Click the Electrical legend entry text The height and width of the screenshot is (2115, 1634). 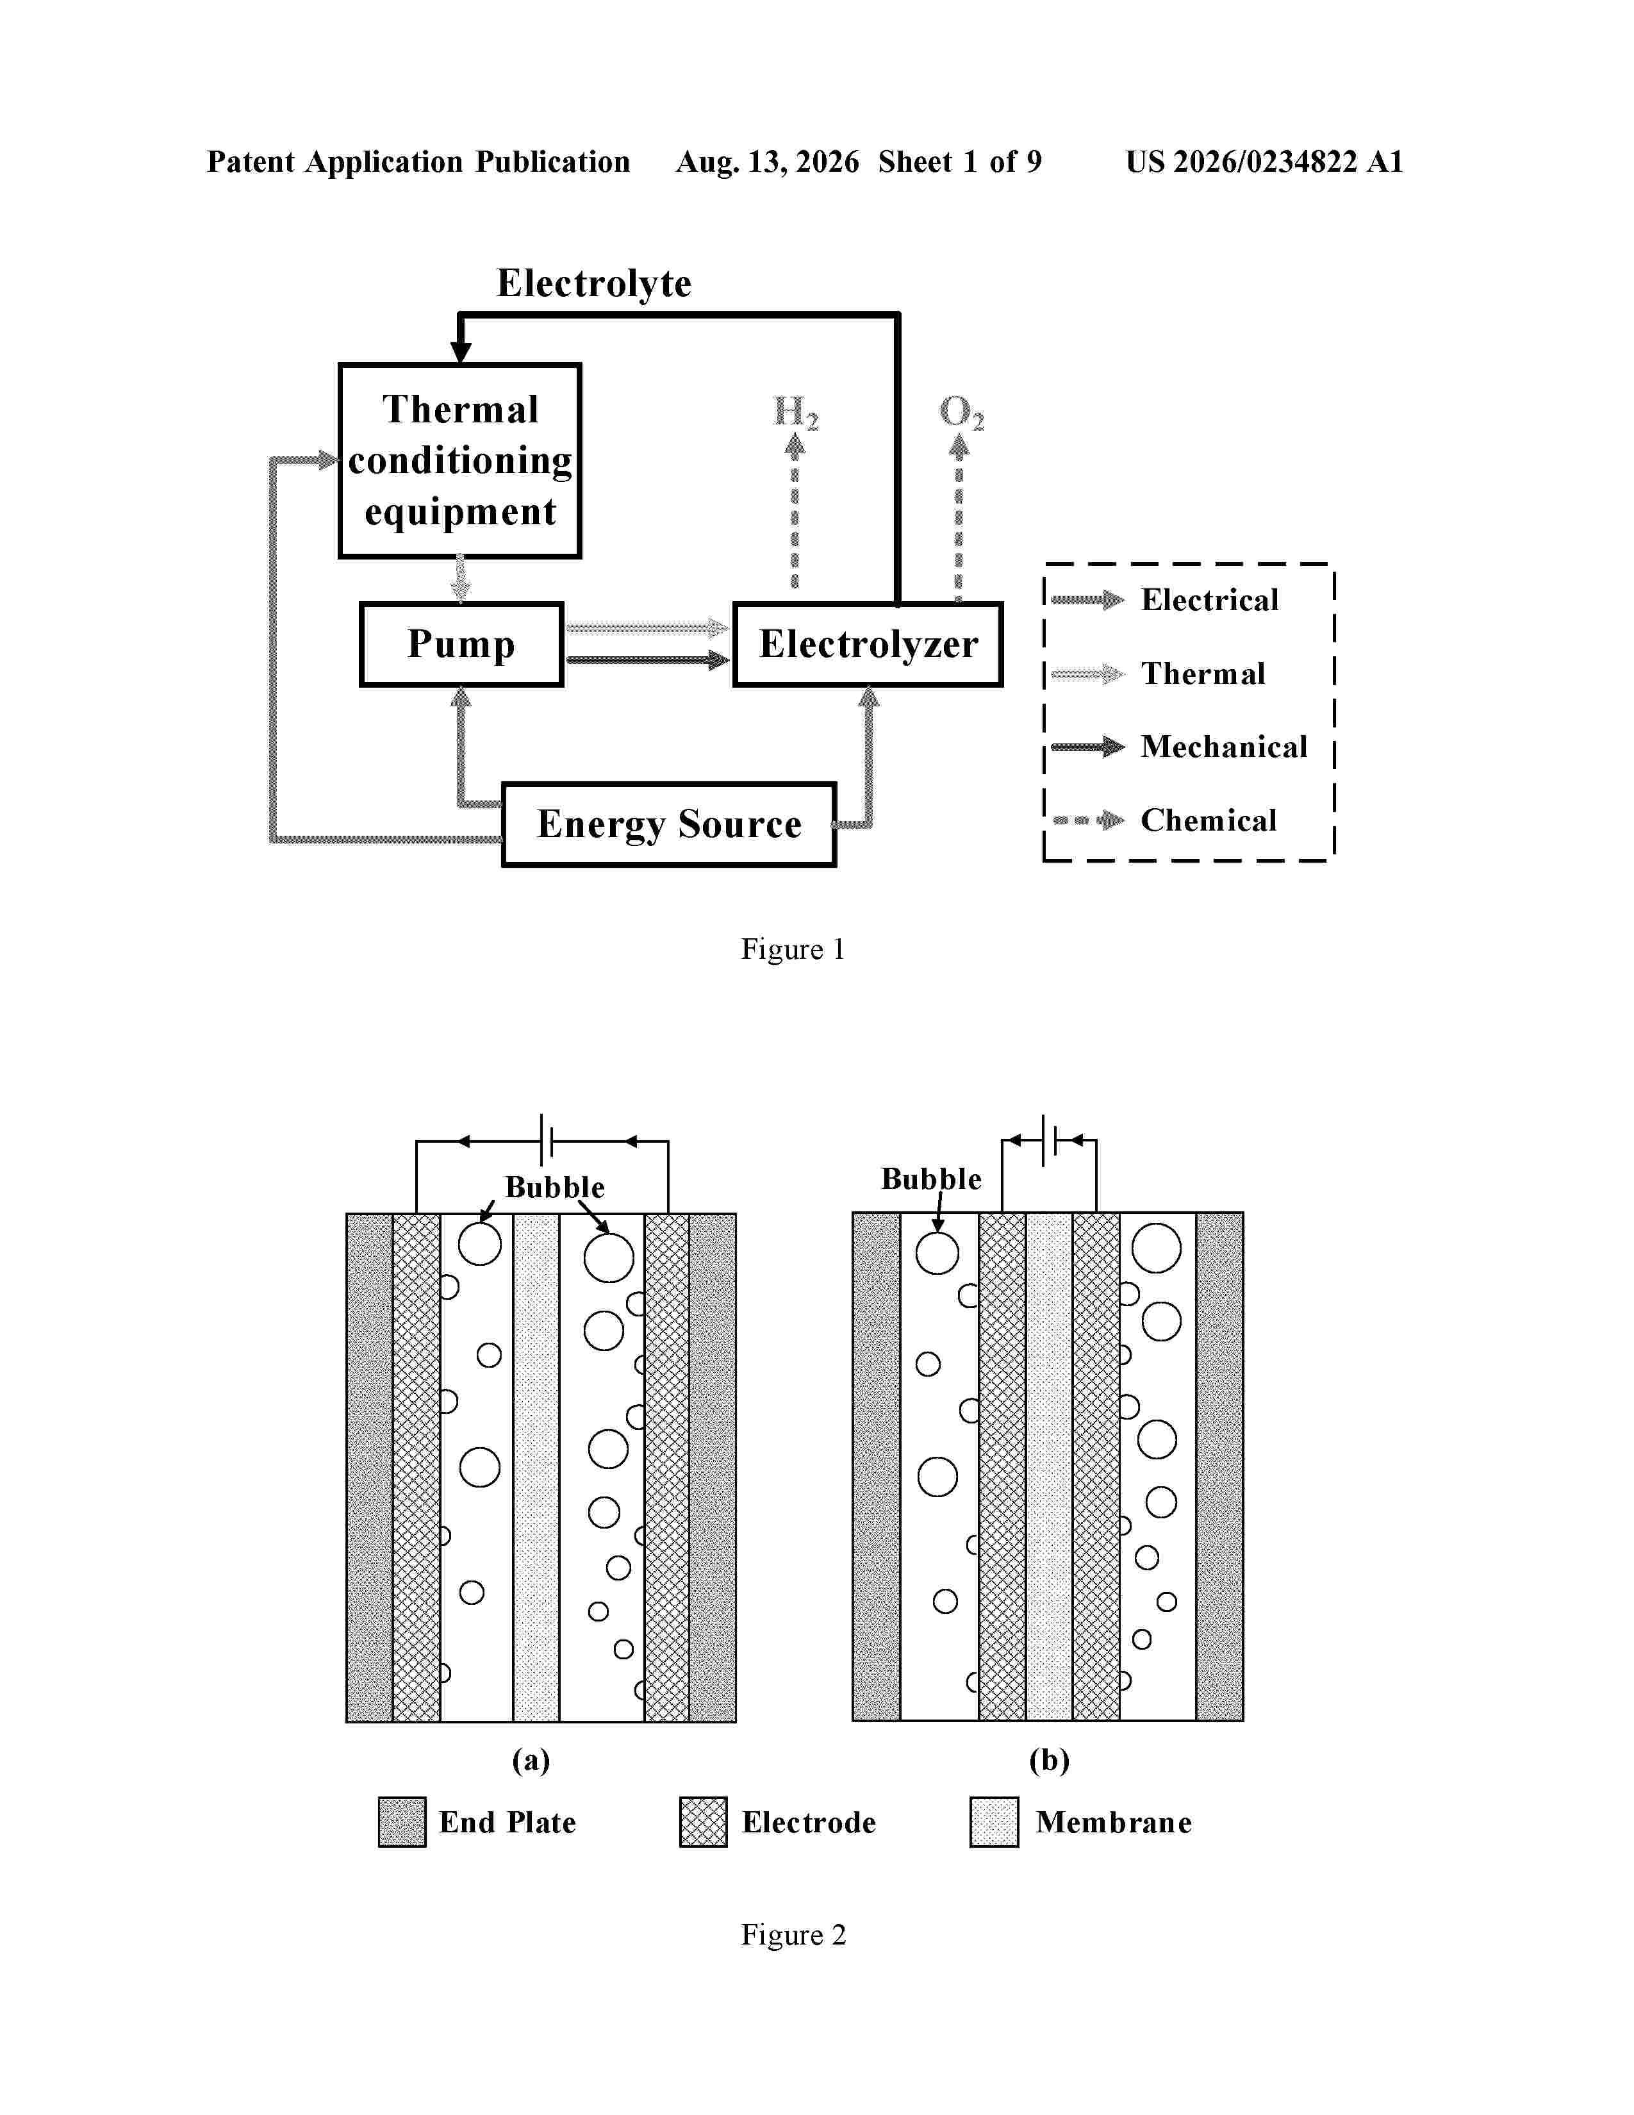[x=1209, y=599]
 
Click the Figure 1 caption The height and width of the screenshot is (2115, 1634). [x=793, y=949]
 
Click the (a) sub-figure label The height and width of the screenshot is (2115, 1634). [x=531, y=1759]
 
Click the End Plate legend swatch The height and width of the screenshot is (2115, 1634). [x=402, y=1821]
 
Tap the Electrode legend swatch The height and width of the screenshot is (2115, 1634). [x=703, y=1821]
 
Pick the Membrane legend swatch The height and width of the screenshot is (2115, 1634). [x=994, y=1821]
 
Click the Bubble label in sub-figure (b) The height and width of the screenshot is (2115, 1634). [x=930, y=1179]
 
